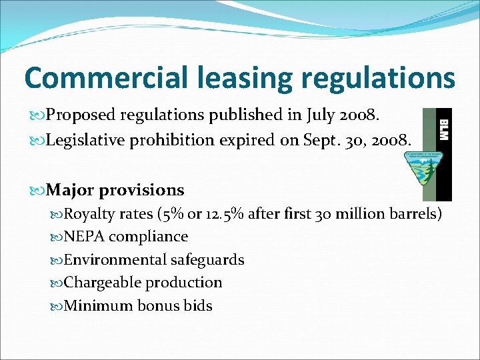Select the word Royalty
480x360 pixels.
(89, 214)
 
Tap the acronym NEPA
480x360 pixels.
(84, 237)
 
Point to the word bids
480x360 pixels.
(197, 306)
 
